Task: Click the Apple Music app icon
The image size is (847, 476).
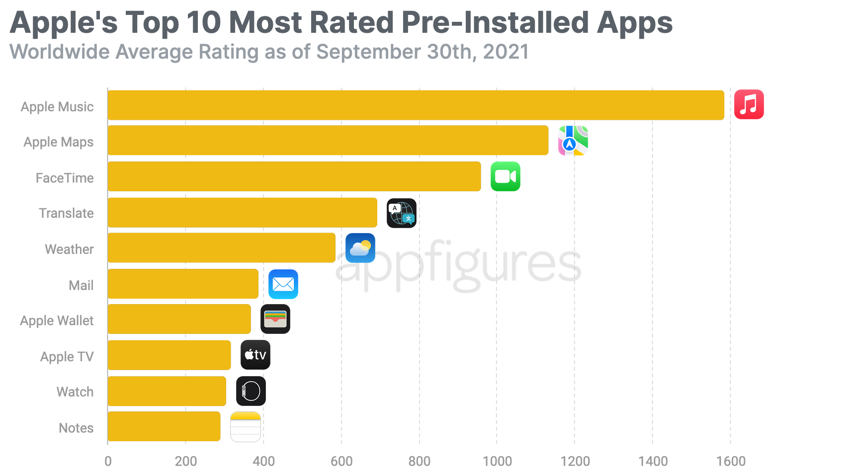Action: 749,104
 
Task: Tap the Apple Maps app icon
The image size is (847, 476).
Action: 573,141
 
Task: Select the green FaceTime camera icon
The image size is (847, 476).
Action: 505,176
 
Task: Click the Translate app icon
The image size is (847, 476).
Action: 401,213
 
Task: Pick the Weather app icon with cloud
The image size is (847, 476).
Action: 360,248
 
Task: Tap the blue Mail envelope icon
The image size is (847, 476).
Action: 283,284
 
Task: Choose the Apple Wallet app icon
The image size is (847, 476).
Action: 275,319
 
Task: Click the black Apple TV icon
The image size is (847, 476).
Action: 255,355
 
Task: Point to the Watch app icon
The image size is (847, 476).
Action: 251,391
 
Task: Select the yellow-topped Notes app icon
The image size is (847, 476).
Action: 245,427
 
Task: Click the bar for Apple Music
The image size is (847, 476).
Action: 416,105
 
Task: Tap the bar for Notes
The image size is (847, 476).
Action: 164,426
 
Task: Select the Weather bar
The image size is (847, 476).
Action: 222,248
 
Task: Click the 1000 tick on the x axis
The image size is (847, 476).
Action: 497,461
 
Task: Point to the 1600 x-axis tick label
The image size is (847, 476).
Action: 730,461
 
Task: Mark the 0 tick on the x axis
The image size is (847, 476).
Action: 108,461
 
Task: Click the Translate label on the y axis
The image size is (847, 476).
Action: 66,213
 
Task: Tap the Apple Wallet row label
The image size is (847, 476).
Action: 57,320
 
